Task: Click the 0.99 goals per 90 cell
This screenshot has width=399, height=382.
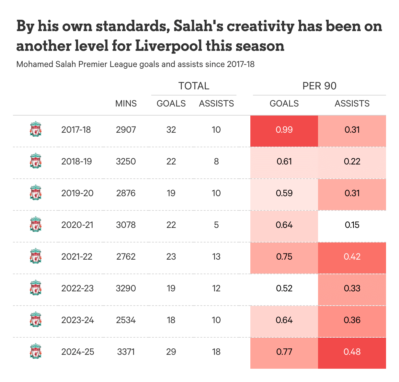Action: point(284,130)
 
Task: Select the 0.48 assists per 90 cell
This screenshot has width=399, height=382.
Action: point(352,352)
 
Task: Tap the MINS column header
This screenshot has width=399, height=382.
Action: point(126,104)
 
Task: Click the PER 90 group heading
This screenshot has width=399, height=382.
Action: point(319,86)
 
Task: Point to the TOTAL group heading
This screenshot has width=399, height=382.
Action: point(194,86)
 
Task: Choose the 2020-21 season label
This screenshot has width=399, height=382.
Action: point(77,225)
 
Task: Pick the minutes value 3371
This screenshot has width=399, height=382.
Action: point(126,352)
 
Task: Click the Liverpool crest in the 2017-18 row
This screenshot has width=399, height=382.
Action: point(36,129)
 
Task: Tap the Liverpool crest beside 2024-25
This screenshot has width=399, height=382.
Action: point(36,352)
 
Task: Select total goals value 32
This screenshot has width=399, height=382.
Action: point(171,130)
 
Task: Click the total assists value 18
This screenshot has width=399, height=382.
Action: point(216,352)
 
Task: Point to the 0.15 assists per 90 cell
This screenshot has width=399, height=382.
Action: point(352,225)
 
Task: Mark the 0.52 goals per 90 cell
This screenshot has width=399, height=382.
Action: point(284,288)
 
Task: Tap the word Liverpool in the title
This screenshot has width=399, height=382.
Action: point(169,46)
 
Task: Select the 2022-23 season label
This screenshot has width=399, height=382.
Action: point(77,288)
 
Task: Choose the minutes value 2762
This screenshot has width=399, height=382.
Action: point(126,257)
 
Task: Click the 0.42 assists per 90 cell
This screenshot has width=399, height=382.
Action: point(352,257)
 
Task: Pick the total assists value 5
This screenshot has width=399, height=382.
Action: point(216,225)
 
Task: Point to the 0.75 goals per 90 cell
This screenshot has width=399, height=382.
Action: point(284,257)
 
